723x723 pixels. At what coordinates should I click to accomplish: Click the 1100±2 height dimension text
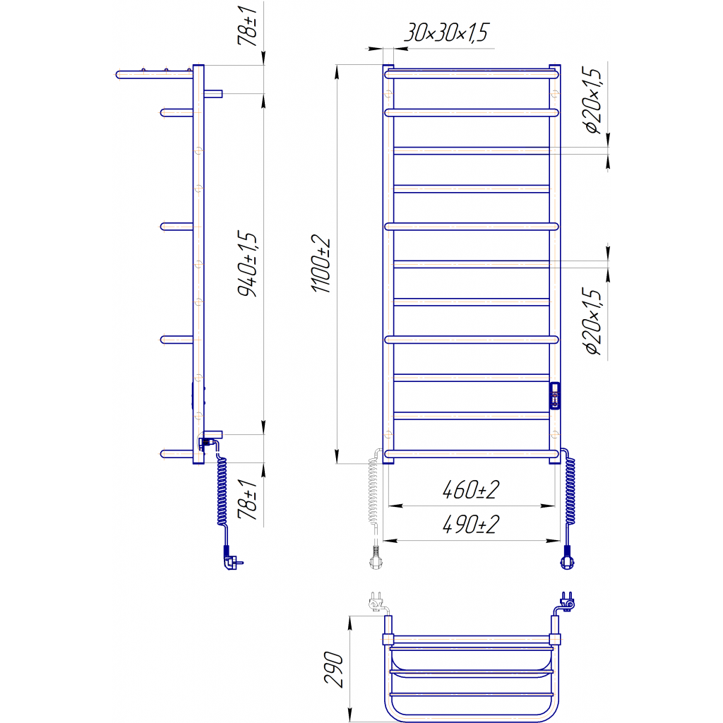click(x=321, y=264)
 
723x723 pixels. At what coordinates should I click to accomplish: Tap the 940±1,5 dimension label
click(x=247, y=263)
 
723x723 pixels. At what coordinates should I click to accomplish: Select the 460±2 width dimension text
click(x=471, y=490)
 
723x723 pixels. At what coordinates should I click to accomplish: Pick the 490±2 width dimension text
click(x=471, y=525)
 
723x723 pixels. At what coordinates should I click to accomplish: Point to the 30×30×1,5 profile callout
click(x=446, y=32)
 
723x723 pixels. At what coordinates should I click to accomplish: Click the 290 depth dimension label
click(x=334, y=669)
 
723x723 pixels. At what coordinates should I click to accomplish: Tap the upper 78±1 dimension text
click(x=247, y=26)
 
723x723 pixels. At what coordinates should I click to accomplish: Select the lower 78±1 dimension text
click(x=247, y=499)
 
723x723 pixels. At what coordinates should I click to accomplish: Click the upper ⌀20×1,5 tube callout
click(x=593, y=100)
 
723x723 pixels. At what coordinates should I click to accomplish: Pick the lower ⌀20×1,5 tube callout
click(x=593, y=321)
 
